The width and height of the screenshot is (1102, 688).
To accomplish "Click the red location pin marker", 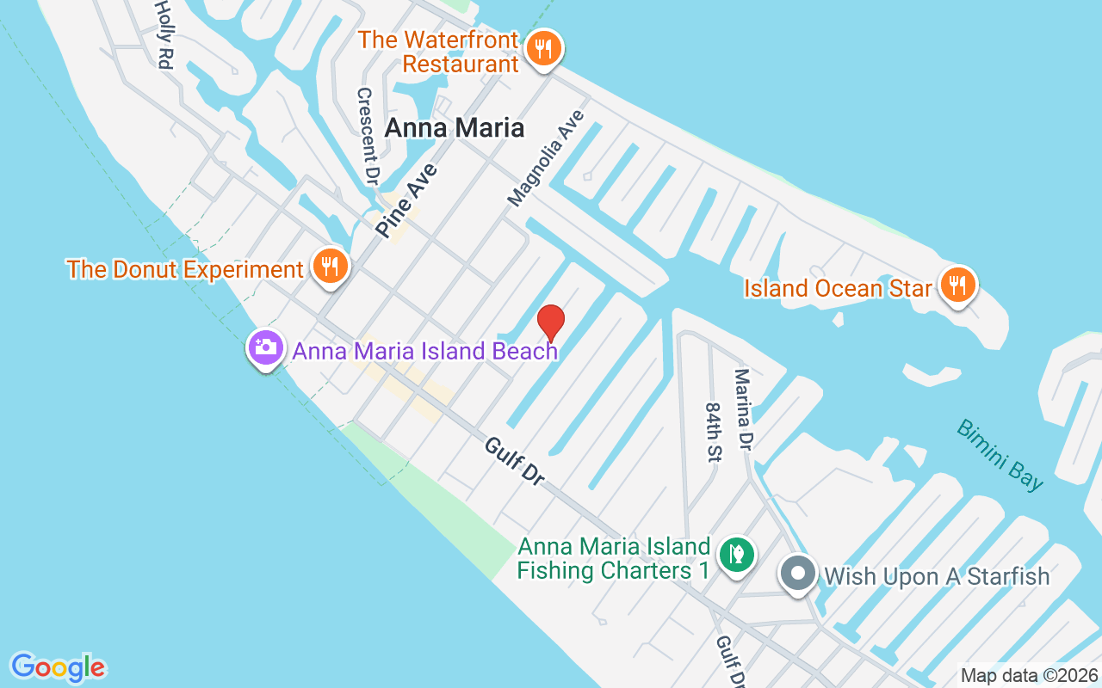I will (551, 322).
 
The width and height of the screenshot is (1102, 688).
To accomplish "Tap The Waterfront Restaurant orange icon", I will (543, 49).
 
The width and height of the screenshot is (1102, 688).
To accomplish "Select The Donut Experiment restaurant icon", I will (330, 267).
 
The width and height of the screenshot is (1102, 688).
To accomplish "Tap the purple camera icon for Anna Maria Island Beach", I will (265, 349).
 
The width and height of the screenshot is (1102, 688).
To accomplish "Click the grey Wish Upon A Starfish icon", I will (798, 574).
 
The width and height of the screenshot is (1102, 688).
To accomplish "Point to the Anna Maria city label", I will (454, 128).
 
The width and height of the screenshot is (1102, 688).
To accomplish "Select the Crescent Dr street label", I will (368, 136).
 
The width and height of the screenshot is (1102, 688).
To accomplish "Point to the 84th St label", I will (712, 432).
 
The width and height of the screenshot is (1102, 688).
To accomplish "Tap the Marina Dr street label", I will (742, 410).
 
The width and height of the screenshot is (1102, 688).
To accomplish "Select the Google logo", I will (58, 667).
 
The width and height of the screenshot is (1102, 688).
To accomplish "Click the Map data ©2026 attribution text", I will (1029, 676).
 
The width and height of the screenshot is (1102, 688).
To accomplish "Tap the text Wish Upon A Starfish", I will (937, 576).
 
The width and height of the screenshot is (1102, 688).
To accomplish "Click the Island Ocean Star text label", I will (838, 287).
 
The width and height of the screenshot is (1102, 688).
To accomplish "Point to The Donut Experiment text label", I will (185, 269).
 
